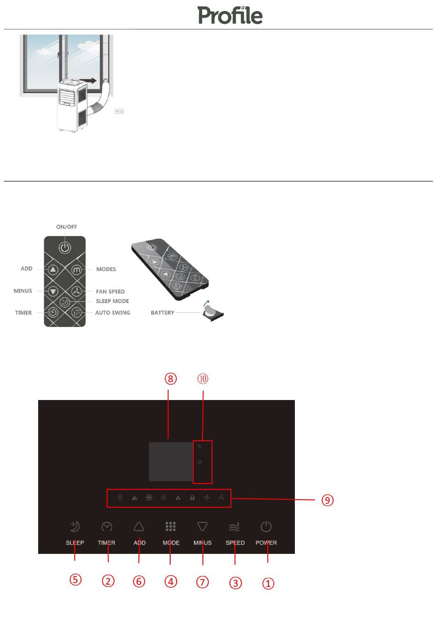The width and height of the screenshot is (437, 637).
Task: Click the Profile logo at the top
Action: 230,15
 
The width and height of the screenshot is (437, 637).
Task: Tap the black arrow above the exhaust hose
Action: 91,80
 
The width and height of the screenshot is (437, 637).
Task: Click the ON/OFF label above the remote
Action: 67,227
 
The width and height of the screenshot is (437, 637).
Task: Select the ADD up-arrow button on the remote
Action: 53,270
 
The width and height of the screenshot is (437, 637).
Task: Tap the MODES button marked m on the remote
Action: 76,270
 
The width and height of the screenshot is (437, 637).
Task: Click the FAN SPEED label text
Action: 110,292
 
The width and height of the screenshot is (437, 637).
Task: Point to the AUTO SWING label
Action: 112,313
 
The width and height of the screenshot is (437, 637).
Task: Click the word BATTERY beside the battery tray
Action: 162,313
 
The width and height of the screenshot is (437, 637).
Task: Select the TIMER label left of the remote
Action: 23,313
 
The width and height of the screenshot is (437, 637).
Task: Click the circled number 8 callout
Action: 171,378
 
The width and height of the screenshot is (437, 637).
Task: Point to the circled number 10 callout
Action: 203,378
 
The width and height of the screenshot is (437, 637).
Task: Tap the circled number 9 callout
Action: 327,500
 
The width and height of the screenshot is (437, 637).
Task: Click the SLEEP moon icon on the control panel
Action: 75,526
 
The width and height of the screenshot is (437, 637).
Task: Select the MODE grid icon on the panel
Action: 171,526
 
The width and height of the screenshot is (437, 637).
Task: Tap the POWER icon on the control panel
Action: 266,526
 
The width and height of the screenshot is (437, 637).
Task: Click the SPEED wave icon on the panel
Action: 235,526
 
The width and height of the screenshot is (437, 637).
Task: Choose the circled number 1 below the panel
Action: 268,583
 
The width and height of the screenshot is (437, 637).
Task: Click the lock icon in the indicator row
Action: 192,497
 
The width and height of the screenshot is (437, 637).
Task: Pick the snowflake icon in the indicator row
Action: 149,497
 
